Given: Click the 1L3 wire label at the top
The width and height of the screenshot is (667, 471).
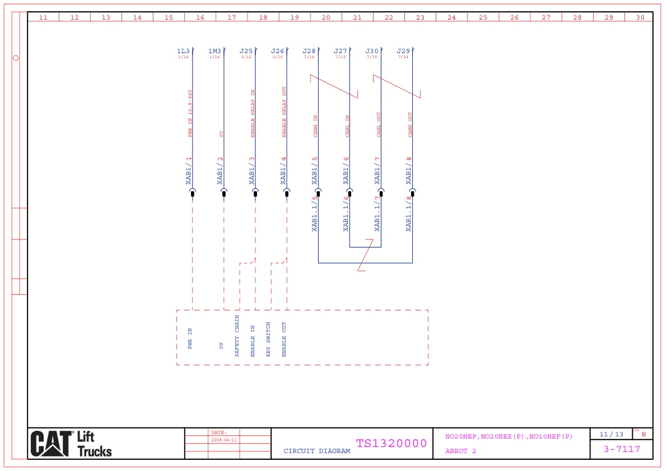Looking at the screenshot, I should coord(183,51).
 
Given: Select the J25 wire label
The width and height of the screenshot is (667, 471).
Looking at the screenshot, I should coord(246,51).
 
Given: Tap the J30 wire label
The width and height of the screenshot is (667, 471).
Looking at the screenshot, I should coord(372,51).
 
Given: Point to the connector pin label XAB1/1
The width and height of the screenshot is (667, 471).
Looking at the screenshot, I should coord(189,171).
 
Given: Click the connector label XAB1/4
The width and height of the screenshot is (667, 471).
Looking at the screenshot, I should coord(283,171).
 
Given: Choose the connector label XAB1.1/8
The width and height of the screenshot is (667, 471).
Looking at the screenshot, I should coord(409,213).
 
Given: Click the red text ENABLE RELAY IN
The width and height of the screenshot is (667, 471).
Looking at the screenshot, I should coord(253,114).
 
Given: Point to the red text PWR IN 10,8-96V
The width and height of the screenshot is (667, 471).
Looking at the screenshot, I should coord(190,114).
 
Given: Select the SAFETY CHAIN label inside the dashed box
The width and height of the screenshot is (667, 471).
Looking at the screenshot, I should coord(237,336).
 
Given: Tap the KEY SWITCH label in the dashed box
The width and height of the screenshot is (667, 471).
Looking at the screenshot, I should coord(268,340).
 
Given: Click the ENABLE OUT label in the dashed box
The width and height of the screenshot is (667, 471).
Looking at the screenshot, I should coord(284,340).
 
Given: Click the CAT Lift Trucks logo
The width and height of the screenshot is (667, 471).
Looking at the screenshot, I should coord(71,444).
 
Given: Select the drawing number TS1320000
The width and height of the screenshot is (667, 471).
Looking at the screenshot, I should coord(391,444).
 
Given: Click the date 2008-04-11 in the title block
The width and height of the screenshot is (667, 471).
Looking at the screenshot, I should coord(224,440).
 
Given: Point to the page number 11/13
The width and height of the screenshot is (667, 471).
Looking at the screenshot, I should coord(611,434).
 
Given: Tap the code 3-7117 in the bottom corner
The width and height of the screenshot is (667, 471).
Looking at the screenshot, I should coord(622,449).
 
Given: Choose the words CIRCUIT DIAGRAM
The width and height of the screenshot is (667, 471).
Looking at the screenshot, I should coord(316,451).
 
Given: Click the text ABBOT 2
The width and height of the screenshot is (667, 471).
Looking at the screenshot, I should coord(460,451).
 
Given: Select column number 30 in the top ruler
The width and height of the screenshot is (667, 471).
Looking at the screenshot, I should coord(640,17).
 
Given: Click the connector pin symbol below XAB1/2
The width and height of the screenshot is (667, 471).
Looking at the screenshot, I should coord(224,193).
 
